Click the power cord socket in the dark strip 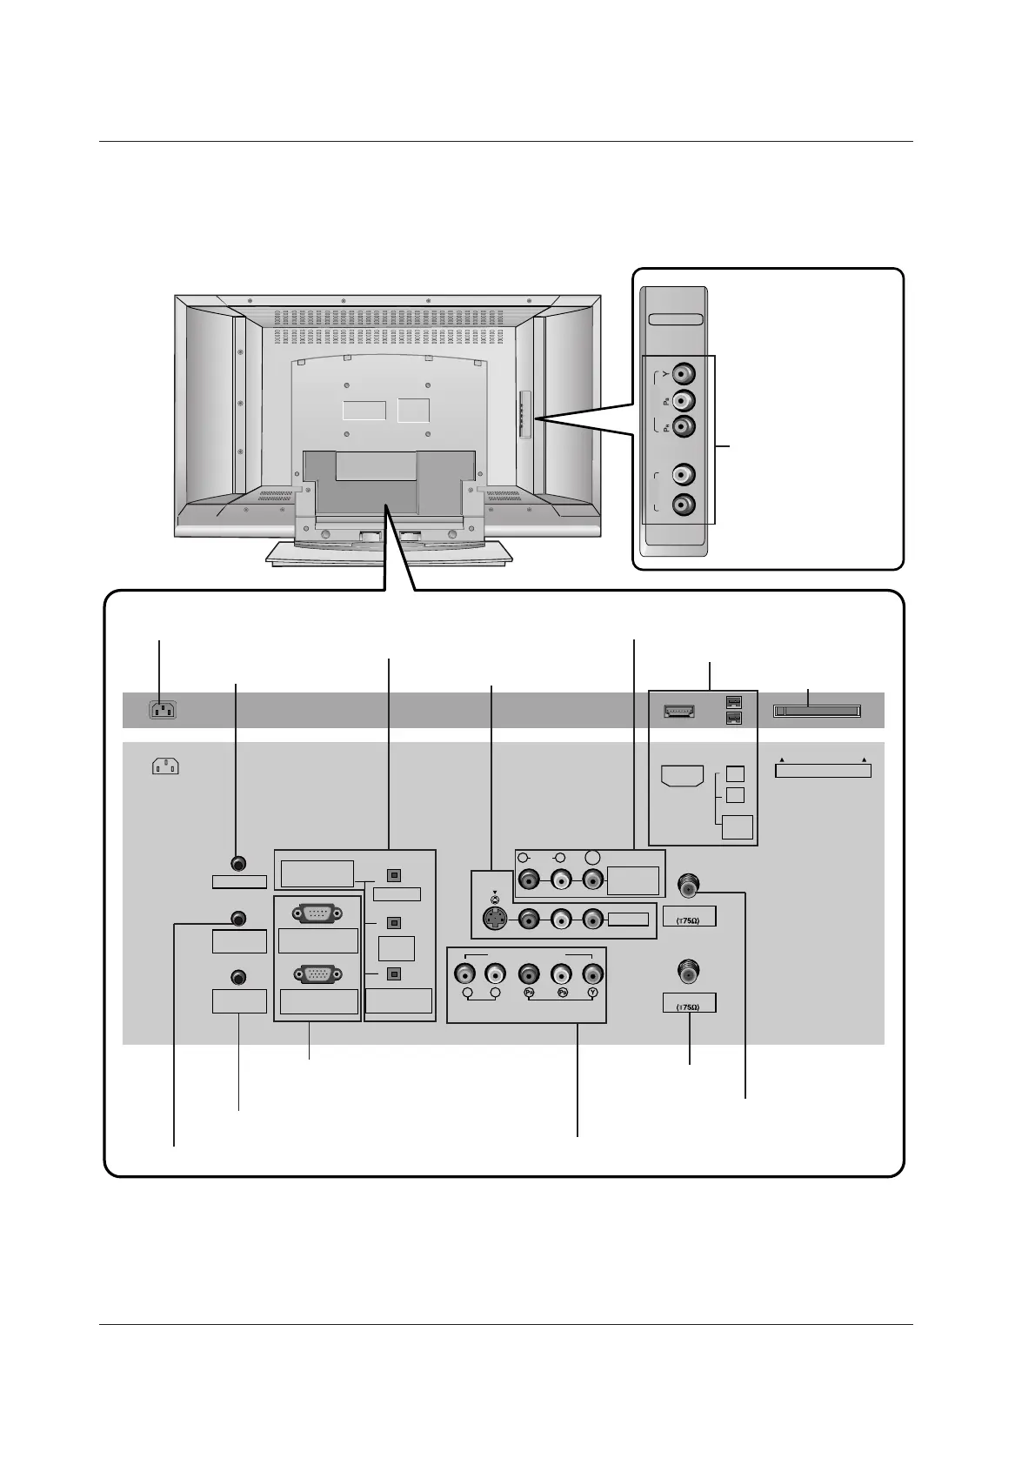(162, 710)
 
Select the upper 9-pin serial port (317, 913)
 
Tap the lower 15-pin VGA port (317, 975)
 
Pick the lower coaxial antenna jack (688, 972)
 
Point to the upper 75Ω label (689, 919)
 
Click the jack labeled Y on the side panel (685, 375)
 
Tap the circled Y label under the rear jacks (592, 993)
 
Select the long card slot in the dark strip (817, 712)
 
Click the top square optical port (393, 875)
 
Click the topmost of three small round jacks (239, 864)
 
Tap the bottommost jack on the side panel (685, 504)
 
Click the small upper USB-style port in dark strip (734, 702)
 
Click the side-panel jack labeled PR (685, 426)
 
